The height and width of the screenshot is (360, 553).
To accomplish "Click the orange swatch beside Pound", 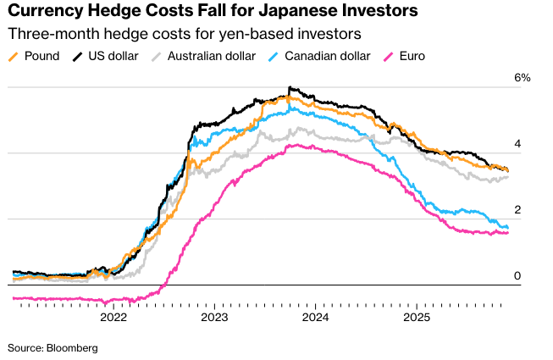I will pyautogui.click(x=13, y=58).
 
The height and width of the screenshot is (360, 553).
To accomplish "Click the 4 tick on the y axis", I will pyautogui.click(x=517, y=144).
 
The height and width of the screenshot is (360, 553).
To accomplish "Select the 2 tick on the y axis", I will pyautogui.click(x=517, y=210).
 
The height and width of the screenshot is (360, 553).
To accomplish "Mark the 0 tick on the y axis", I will pyautogui.click(x=517, y=276).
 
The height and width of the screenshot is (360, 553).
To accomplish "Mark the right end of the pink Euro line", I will pyautogui.click(x=508, y=233).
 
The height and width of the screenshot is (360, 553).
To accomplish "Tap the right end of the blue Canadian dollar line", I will pyautogui.click(x=508, y=228).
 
